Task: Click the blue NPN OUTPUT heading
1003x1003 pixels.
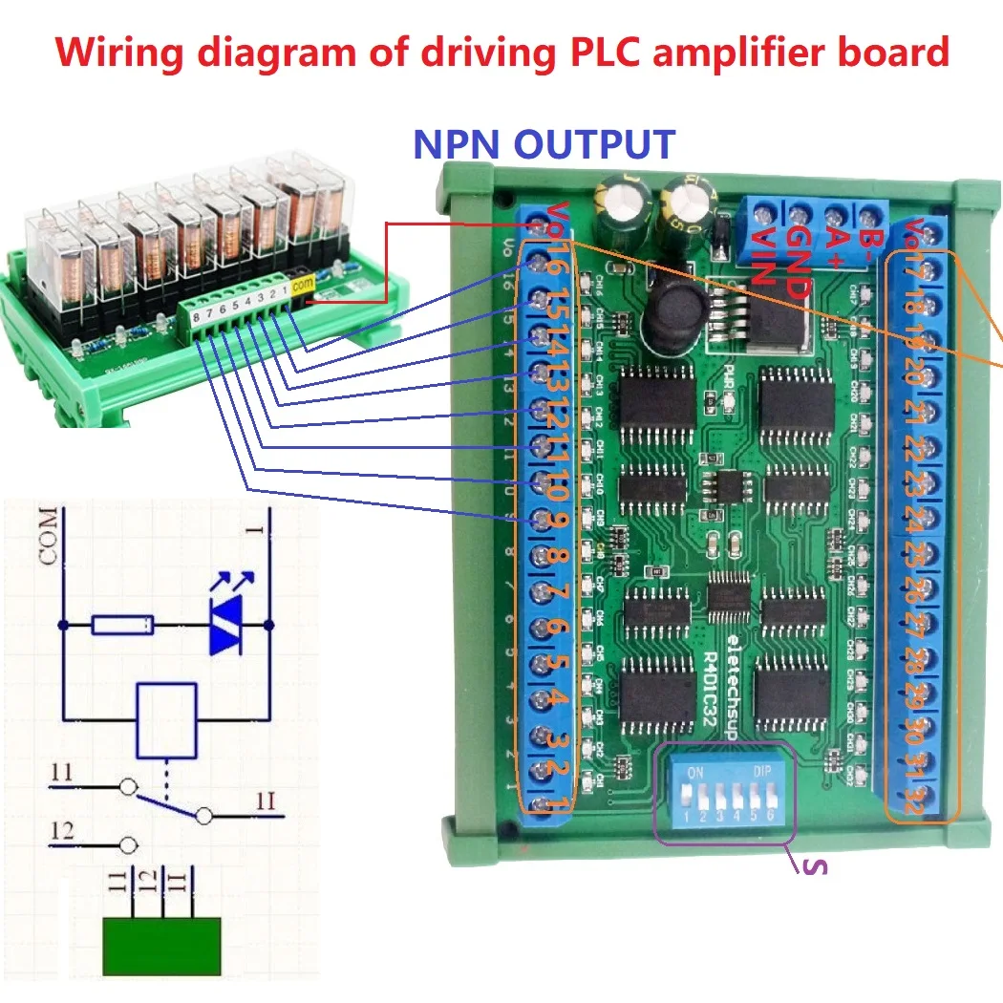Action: (544, 144)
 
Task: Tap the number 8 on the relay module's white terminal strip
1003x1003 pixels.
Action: (195, 318)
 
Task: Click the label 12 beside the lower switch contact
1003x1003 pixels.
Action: (62, 831)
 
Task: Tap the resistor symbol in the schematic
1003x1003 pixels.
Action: (122, 626)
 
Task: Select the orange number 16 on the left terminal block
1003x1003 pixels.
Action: (552, 267)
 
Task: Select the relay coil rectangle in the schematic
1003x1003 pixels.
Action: (168, 715)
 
